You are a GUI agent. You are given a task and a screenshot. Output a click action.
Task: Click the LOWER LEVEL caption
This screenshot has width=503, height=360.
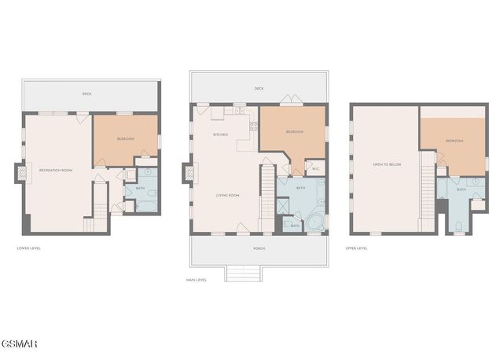[29, 248]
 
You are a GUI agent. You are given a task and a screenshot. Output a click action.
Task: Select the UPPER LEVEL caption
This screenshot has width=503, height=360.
[356, 248]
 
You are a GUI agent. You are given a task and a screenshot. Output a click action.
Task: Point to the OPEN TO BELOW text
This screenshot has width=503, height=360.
[388, 164]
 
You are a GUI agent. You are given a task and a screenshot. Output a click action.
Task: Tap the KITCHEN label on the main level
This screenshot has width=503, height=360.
[221, 135]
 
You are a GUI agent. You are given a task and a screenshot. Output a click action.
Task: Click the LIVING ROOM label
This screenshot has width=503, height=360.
[228, 194]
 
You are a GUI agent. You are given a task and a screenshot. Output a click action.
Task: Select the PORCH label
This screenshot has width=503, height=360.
[259, 248]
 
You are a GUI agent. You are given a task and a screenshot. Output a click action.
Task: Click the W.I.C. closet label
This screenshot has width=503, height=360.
[315, 168]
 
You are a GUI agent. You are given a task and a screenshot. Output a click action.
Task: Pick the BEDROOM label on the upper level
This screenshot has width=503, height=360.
[454, 141]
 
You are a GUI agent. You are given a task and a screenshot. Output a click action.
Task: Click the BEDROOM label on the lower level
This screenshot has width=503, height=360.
[126, 139]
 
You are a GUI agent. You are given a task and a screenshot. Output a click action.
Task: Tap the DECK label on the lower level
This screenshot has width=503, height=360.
[86, 94]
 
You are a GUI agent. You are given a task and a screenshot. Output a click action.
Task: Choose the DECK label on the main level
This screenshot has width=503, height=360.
[259, 89]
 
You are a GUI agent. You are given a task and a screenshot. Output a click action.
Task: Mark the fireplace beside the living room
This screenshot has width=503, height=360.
[187, 171]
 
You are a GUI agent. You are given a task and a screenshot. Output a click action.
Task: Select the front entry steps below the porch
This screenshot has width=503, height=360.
[243, 273]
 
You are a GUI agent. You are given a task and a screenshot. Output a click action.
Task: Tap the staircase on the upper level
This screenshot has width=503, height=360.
[427, 189]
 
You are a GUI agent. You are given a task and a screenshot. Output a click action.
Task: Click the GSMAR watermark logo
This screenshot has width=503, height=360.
[18, 343]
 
